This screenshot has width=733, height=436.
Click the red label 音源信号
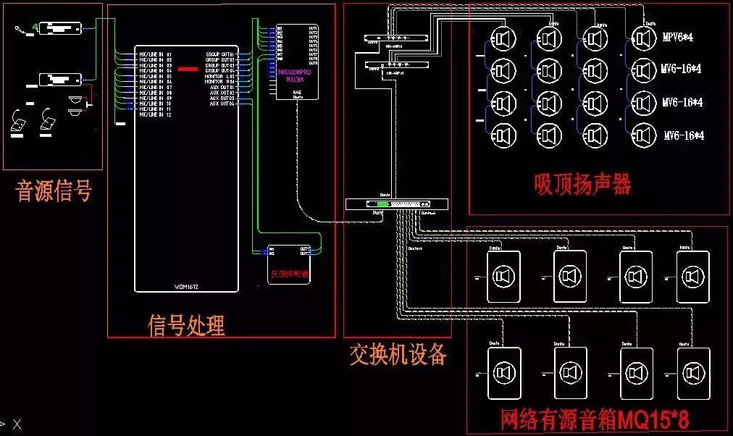tap(54, 191)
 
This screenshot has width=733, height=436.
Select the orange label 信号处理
tap(186, 325)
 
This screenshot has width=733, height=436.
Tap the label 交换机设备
tap(398, 354)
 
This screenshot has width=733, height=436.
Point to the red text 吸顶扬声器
tap(582, 184)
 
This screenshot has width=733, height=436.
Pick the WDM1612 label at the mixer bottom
tap(186, 287)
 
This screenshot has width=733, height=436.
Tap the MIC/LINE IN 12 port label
tap(155, 115)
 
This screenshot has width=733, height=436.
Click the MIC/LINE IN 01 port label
tap(155, 54)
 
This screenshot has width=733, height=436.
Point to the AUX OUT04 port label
tap(222, 104)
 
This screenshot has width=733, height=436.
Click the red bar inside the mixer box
tap(188, 69)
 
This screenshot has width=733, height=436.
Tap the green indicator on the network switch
tap(382, 205)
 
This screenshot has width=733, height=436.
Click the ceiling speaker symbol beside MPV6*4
tap(642, 37)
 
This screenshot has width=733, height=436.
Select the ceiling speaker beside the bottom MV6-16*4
tap(642, 135)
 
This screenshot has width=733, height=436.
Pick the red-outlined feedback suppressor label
tap(289, 274)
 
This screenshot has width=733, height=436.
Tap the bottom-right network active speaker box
tap(693, 373)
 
